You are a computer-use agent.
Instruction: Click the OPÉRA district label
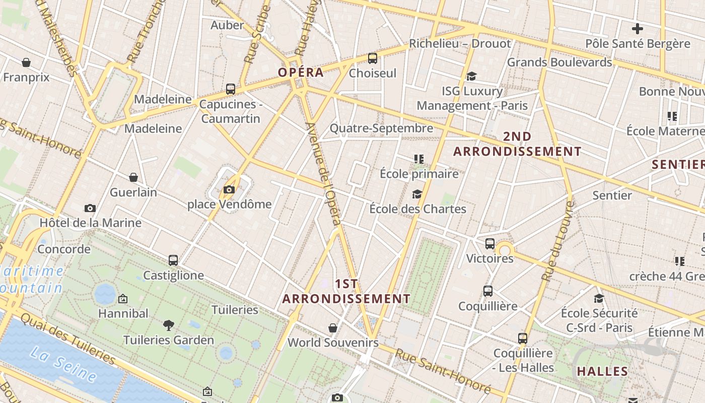[301, 72]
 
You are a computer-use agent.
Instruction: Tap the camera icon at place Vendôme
[229, 190]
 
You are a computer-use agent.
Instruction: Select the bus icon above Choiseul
[373, 58]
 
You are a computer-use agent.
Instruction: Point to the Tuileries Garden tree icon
[169, 325]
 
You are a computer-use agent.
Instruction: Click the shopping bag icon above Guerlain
[133, 177]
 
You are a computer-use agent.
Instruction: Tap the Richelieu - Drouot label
[460, 43]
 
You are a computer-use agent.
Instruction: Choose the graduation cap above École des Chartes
[417, 194]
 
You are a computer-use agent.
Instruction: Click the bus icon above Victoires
[490, 244]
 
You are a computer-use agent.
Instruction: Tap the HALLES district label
[602, 372]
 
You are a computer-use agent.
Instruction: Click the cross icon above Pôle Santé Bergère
[638, 29]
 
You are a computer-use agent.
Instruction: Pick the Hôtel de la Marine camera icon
[90, 208]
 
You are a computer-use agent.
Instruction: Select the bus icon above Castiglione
[173, 260]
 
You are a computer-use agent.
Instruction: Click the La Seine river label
[63, 364]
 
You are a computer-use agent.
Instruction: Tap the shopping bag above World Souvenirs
[333, 328]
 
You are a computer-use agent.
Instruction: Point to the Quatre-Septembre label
[381, 128]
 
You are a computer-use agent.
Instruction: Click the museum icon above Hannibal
[123, 299]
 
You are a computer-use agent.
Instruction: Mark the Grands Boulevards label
[559, 62]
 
